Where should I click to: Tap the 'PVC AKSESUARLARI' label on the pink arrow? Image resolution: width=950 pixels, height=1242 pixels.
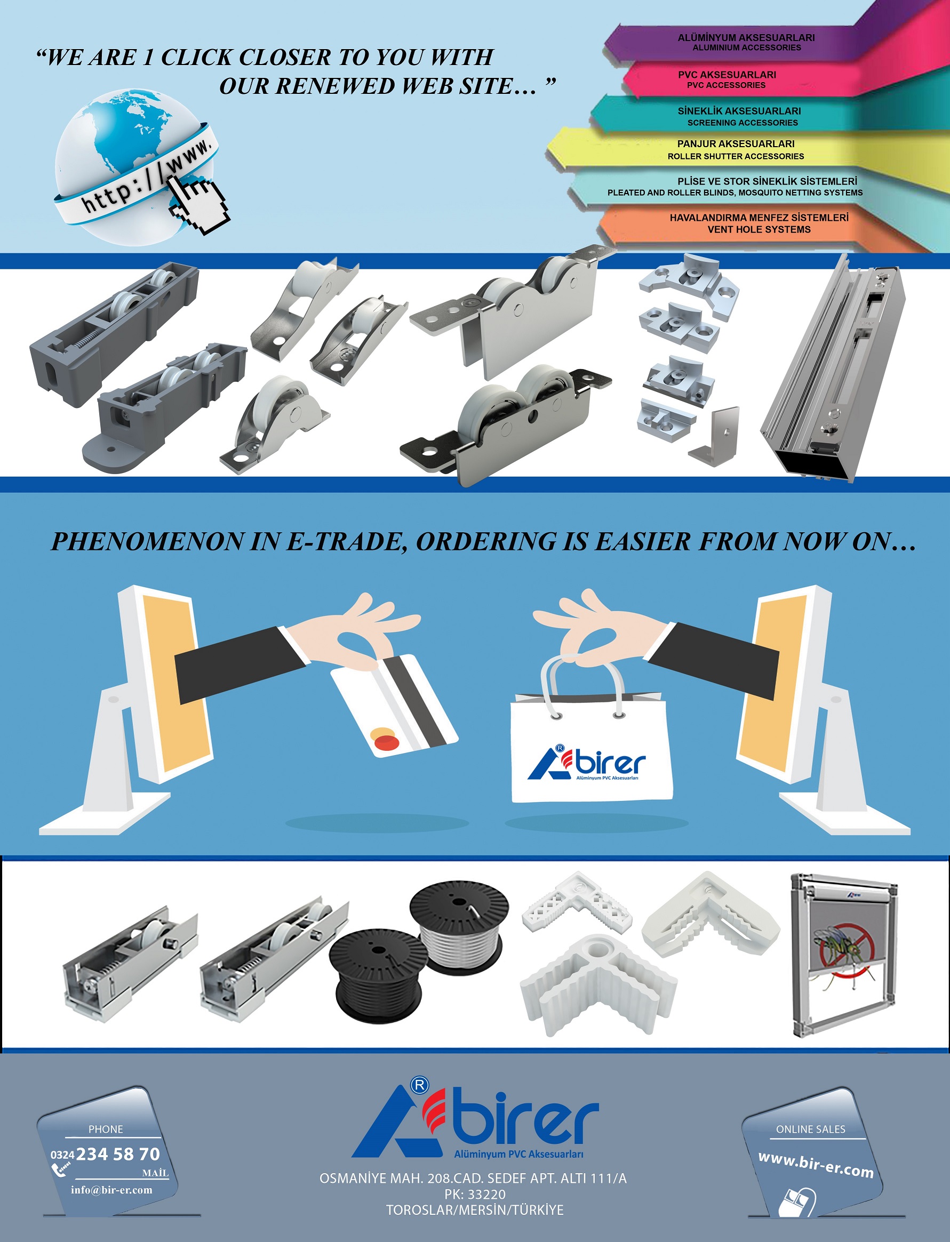click(727, 75)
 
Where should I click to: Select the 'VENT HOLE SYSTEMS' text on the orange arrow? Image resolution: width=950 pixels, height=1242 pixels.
click(759, 229)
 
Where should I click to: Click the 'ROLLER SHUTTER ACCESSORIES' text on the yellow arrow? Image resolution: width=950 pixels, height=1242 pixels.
click(736, 156)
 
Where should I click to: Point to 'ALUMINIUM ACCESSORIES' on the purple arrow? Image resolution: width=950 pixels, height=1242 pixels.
click(746, 48)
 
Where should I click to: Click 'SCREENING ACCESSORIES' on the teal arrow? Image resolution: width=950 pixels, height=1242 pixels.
click(743, 123)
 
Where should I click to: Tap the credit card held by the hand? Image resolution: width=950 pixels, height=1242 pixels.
click(394, 706)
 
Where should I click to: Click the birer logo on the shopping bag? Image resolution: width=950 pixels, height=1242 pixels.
click(586, 763)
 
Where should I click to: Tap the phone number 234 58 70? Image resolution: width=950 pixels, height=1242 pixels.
click(118, 1154)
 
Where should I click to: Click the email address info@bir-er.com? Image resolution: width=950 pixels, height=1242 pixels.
click(111, 1189)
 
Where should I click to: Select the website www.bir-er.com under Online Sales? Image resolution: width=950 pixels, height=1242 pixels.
click(816, 1165)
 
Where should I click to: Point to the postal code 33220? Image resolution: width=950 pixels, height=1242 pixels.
click(487, 1194)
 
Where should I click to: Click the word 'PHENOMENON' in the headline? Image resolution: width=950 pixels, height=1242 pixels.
click(148, 542)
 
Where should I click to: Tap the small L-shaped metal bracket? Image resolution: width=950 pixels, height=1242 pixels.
click(715, 433)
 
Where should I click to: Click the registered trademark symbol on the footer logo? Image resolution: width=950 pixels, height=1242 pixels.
click(419, 1085)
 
